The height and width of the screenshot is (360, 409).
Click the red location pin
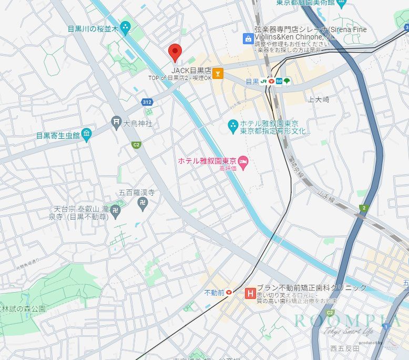click(x=175, y=52)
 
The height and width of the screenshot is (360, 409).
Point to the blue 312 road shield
click(x=147, y=102)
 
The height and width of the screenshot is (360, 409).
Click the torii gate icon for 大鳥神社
click(x=116, y=123)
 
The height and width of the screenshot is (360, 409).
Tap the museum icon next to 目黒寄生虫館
click(x=87, y=135)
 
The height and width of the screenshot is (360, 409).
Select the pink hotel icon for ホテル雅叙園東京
click(x=243, y=160)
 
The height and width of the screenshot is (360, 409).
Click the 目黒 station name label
click(x=252, y=82)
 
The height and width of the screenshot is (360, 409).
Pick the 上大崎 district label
click(x=318, y=99)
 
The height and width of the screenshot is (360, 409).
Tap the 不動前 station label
click(x=214, y=292)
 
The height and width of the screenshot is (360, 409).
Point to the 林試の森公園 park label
click(x=23, y=309)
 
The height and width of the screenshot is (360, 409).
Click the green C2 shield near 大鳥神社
click(x=136, y=145)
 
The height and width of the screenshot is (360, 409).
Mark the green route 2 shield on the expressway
click(x=363, y=208)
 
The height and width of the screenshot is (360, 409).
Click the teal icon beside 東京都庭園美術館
click(x=342, y=5)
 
